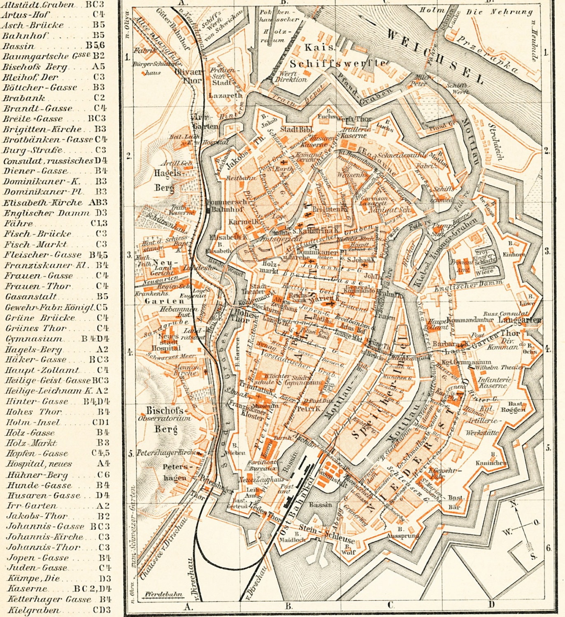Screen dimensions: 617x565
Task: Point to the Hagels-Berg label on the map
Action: coord(167,180)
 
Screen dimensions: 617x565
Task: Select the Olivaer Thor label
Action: coord(192,76)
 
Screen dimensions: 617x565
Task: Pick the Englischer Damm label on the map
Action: coord(468,284)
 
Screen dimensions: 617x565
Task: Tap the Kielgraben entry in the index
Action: coord(33,610)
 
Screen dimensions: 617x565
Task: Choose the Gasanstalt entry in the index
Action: coord(31,297)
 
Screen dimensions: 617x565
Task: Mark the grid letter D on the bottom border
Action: coord(491,604)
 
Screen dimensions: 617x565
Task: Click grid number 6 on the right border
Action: coord(548,547)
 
